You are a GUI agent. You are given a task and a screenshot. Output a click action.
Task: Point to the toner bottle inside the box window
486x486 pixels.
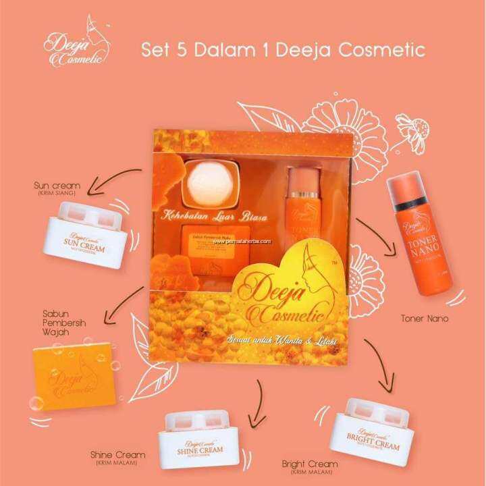point(298,209)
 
